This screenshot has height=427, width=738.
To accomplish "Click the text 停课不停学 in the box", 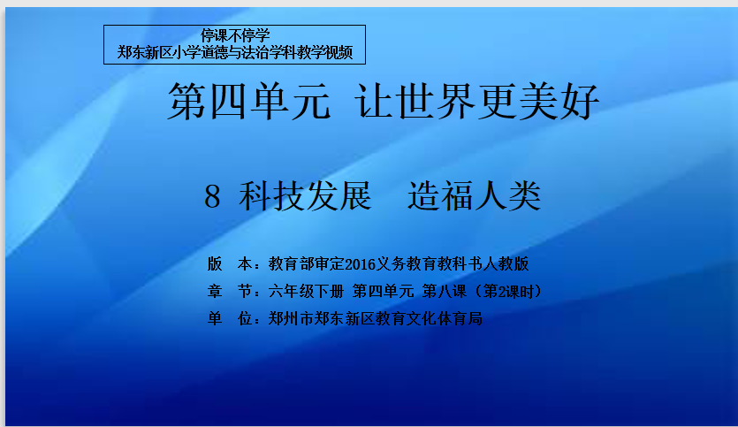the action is point(235,35).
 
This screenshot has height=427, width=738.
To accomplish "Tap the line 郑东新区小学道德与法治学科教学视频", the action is point(235,52).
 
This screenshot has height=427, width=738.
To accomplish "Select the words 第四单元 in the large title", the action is point(249,101).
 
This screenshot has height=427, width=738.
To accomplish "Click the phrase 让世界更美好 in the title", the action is point(476,101).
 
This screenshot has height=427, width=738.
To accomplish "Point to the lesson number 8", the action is point(212,197).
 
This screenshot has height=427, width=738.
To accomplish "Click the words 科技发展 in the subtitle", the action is point(306,196).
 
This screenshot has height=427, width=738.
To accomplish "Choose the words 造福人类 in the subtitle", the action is point(475,196).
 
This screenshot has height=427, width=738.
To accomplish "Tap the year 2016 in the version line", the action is point(360,264).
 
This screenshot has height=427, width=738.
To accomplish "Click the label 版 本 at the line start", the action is point(230,264).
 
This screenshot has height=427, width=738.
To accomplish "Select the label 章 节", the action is point(230,292).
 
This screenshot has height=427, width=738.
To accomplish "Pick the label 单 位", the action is point(230,319).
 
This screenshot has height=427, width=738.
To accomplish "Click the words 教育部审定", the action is point(307,264).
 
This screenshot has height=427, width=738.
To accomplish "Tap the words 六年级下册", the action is point(306,292).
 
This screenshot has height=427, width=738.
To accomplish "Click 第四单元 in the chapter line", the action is point(383,292).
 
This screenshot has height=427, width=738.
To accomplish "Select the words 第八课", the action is point(445,292).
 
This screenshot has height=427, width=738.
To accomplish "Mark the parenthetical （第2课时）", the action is point(507,292).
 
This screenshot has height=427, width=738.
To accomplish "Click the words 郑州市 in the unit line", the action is point(291,319).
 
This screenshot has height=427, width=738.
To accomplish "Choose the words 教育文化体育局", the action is point(429,319).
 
